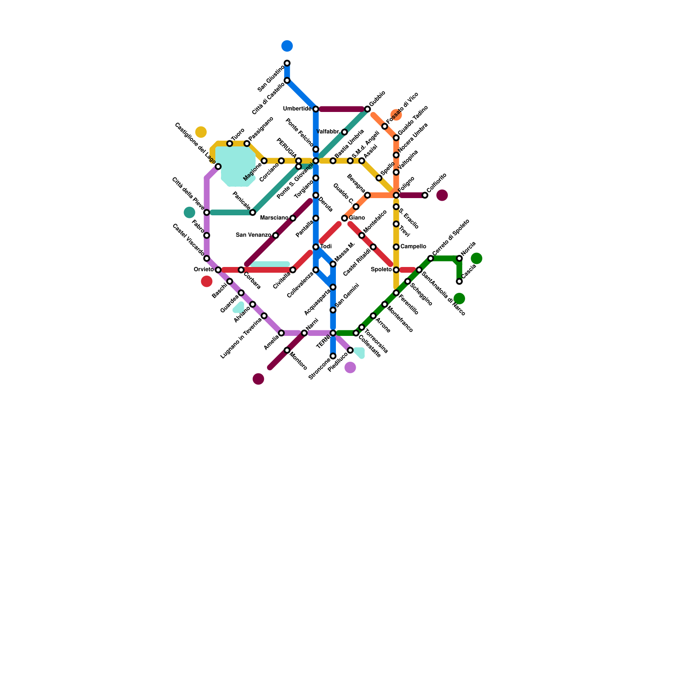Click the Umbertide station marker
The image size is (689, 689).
[316, 109]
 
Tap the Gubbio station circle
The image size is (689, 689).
[367, 109]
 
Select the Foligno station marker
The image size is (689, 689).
[396, 196]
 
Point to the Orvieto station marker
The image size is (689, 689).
[218, 270]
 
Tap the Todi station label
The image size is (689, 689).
[326, 246]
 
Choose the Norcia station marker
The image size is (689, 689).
[459, 258]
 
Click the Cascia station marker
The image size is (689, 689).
[459, 282]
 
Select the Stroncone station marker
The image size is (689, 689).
[333, 356]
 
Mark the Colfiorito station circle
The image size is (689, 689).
[425, 196]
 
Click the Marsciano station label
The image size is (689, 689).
[274, 218]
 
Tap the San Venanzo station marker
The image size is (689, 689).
[276, 236]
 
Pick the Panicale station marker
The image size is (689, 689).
[253, 213]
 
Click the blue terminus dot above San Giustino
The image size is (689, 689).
[287, 46]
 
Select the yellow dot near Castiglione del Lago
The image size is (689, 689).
[201, 132]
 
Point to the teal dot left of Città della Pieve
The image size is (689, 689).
[189, 212]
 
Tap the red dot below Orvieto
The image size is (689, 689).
[207, 282]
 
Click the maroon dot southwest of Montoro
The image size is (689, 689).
[258, 379]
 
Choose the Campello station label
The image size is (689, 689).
[413, 247]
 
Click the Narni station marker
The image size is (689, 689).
[304, 333]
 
